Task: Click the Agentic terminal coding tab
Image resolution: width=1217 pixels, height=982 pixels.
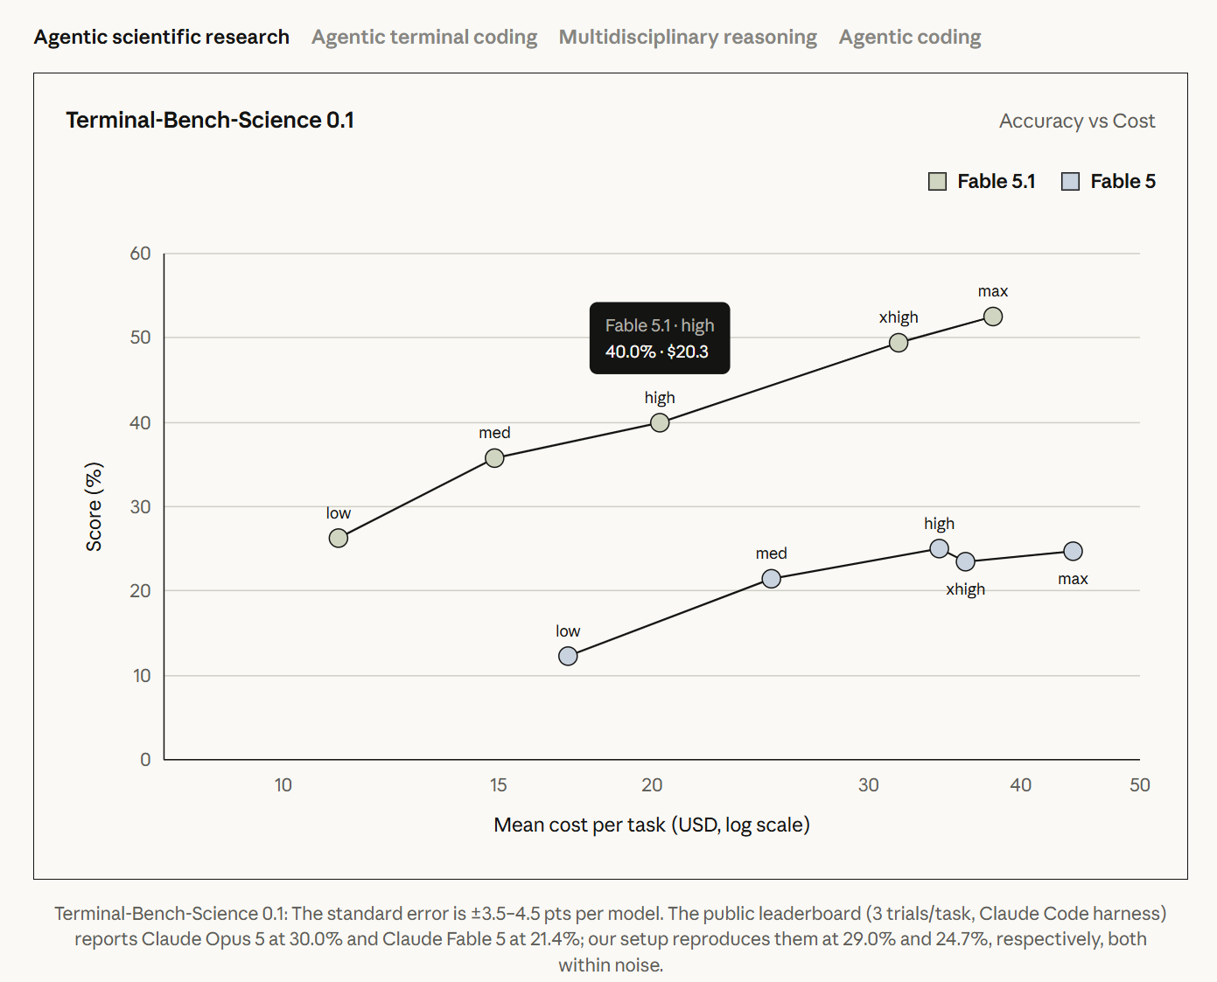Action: click(424, 37)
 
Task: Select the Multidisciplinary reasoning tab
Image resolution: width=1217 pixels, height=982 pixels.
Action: click(688, 37)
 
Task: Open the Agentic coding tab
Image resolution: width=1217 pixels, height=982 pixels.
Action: click(910, 37)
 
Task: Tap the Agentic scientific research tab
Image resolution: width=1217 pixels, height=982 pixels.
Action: click(162, 37)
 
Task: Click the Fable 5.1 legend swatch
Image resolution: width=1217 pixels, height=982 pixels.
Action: click(937, 182)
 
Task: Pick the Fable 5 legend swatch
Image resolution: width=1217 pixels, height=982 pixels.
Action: click(1070, 182)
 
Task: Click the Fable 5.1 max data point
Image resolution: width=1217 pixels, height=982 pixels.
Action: click(993, 317)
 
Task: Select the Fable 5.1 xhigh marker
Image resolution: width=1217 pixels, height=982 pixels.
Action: click(899, 343)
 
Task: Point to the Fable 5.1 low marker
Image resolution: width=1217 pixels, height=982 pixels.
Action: click(339, 538)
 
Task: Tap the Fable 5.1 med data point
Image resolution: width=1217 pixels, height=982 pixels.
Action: click(494, 458)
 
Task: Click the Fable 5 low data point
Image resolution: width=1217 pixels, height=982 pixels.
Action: click(568, 656)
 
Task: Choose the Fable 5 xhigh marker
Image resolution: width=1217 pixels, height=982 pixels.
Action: click(966, 561)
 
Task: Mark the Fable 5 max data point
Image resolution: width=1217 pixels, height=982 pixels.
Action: click(1073, 551)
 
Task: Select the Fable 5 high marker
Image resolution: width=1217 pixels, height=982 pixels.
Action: click(940, 548)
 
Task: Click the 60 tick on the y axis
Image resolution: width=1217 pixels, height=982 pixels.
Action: click(140, 254)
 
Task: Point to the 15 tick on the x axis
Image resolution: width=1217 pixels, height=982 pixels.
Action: click(498, 785)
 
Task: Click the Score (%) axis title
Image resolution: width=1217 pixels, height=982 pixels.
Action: click(94, 506)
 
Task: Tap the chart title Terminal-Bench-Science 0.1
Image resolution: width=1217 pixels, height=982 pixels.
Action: click(210, 120)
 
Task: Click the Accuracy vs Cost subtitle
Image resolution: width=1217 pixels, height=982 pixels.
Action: click(1077, 121)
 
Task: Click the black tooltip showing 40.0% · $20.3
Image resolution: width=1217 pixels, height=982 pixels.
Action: click(660, 338)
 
